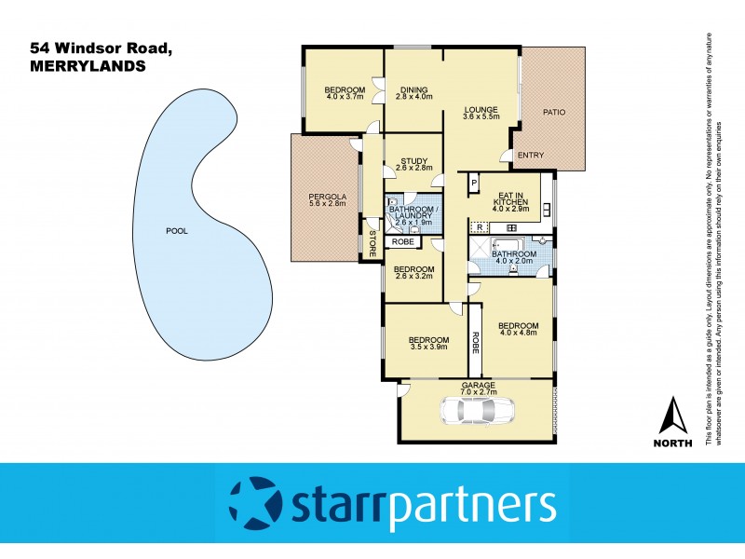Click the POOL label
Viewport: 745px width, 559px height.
point(176,231)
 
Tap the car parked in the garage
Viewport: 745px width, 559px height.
point(478,409)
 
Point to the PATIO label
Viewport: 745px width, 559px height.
point(554,113)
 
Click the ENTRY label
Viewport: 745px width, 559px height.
point(530,156)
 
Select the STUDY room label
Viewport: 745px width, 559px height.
point(413,161)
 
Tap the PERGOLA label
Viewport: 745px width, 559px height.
point(327,197)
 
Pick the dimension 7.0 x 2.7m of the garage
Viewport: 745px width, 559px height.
point(478,392)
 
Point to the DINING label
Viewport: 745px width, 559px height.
point(414,90)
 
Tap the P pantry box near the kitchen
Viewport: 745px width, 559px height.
point(473,183)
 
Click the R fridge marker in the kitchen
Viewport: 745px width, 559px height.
point(479,227)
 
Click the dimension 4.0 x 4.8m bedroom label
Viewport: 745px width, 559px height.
point(519,333)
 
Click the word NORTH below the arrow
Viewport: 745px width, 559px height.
point(673,443)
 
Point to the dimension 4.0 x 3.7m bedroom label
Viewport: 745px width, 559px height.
point(345,97)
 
